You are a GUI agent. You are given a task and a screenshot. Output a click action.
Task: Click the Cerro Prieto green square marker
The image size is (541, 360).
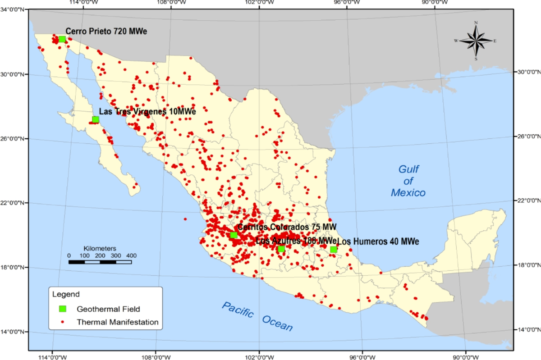pos(62,39)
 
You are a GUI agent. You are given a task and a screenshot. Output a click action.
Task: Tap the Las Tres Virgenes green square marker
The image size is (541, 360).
pos(96,119)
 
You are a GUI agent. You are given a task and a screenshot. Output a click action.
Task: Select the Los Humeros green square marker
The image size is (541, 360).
pos(334,250)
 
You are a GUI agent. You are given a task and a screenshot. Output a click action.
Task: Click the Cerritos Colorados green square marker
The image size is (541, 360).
pos(234,235)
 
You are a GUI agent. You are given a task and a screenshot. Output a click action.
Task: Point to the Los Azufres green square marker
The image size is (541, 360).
pos(281,249)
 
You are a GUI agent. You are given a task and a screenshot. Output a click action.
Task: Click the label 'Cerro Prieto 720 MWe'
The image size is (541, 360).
pos(106,31)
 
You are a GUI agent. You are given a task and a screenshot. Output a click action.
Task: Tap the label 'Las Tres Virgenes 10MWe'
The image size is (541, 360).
pos(147,112)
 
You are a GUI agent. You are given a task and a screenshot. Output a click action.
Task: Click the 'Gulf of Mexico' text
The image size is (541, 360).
pos(408,181)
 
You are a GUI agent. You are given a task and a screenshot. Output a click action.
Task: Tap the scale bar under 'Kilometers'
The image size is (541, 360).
pos(100,262)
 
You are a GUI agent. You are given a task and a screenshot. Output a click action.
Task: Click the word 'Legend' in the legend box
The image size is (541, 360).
pos(66,295)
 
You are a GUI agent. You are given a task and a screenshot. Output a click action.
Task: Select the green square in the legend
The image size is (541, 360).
pos(63,309)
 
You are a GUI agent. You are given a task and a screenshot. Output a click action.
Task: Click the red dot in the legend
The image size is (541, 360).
pos(63,322)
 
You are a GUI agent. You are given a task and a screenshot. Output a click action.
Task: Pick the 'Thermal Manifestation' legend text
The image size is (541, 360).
pos(118,322)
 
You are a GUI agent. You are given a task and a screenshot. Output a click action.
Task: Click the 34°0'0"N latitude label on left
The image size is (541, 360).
pos(13,9)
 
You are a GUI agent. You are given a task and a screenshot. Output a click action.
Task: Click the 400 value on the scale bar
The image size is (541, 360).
pos(131,255)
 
